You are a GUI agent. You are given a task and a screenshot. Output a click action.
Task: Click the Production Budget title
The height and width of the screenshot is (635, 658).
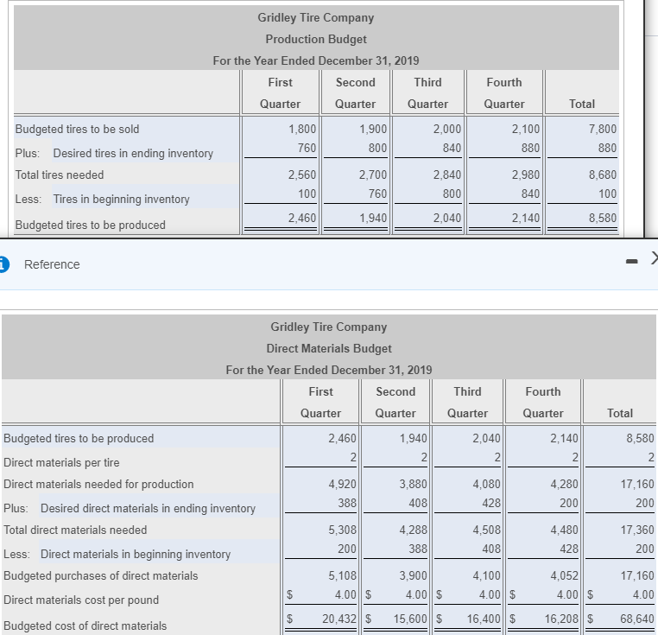click(315, 39)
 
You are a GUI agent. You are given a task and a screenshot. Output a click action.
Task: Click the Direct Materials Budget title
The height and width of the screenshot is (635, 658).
click(328, 348)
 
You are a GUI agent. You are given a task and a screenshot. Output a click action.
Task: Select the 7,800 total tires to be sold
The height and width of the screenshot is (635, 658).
click(602, 129)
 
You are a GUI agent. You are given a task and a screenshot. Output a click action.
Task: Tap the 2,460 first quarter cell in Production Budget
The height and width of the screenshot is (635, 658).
click(301, 218)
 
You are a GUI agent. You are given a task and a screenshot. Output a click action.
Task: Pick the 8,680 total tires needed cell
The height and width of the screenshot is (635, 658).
click(602, 175)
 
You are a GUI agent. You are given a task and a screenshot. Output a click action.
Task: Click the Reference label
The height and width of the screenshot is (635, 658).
click(52, 264)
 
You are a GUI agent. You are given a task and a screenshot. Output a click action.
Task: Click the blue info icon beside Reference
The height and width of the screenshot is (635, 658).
click(3, 264)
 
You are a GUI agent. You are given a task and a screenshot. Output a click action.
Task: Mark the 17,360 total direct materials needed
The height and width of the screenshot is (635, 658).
click(638, 530)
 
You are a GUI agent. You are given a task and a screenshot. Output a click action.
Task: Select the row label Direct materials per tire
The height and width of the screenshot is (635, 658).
click(62, 462)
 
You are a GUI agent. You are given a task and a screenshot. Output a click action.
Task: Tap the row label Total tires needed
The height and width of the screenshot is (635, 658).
click(60, 175)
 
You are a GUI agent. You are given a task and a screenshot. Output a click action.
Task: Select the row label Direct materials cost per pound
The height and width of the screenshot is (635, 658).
click(81, 600)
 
